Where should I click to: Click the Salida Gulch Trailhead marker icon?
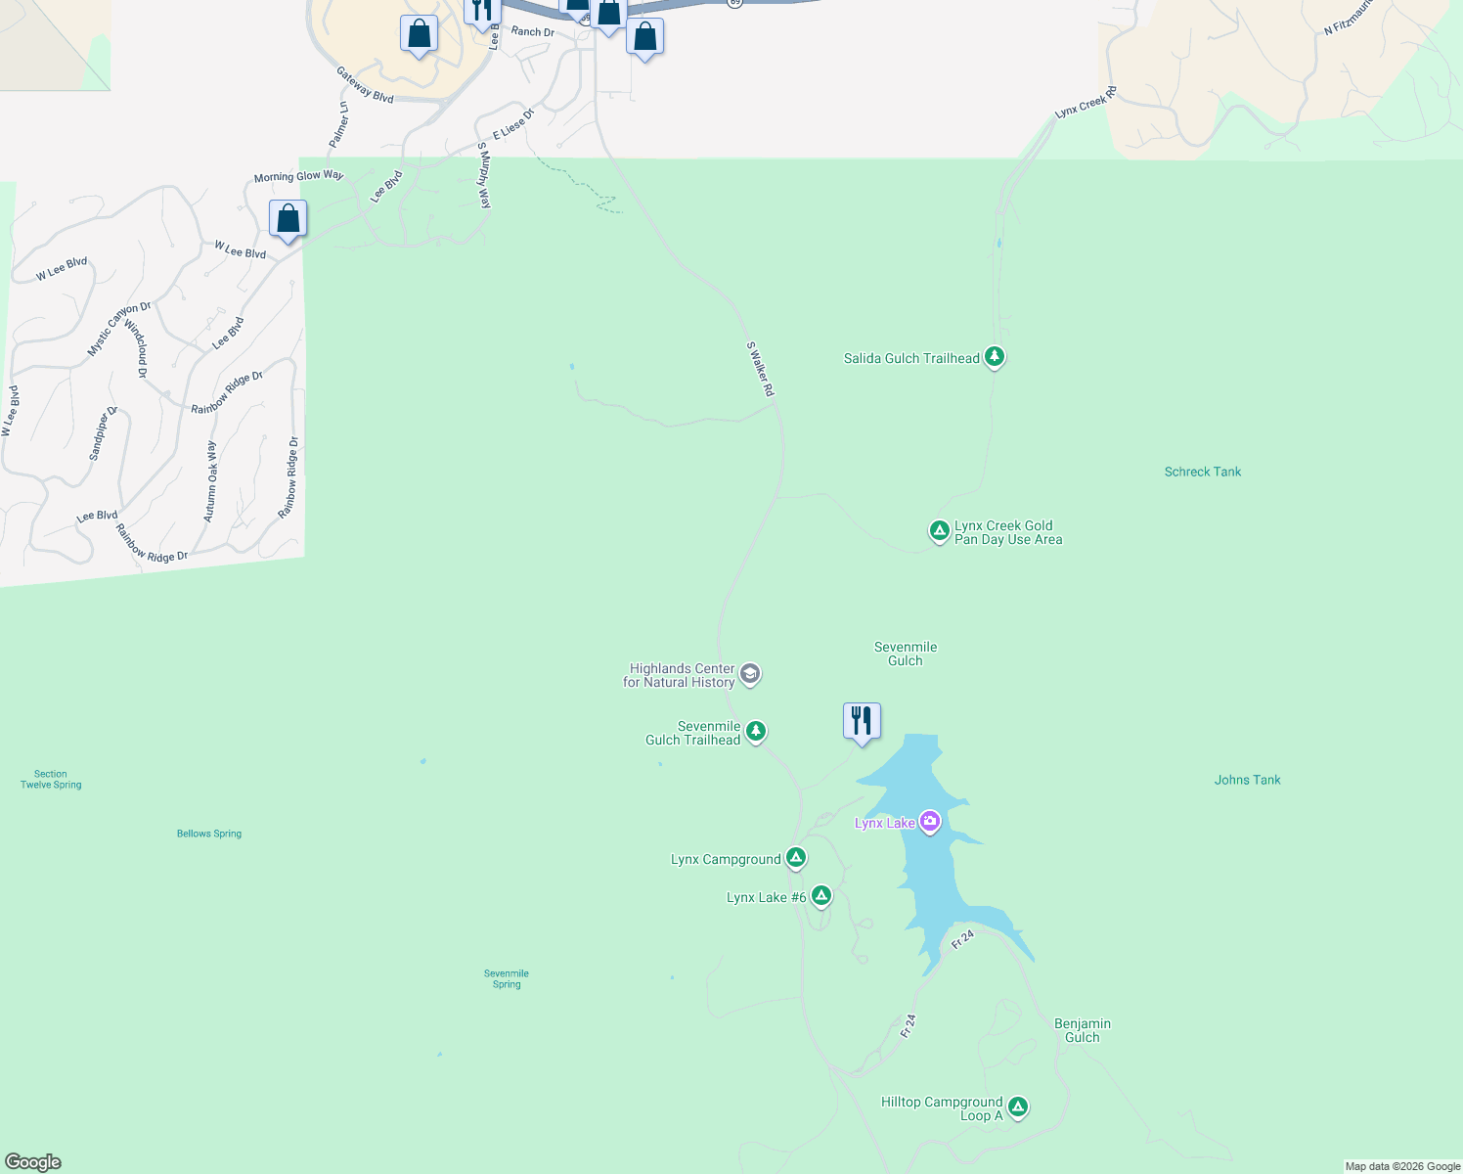click(994, 357)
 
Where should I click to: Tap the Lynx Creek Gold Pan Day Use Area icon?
click(939, 531)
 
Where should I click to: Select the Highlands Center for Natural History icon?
click(750, 674)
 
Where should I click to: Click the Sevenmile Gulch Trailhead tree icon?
click(755, 731)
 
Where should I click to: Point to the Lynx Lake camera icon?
click(930, 822)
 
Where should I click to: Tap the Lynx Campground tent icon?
click(795, 858)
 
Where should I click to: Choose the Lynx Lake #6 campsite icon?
click(820, 895)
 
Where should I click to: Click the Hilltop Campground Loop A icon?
click(1017, 1107)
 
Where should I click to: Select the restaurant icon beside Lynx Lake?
click(862, 721)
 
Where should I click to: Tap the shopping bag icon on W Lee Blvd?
click(288, 218)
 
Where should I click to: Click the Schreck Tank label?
click(1202, 472)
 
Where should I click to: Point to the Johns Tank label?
click(1247, 780)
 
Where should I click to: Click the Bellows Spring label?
click(209, 834)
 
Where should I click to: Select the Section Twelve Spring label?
click(51, 780)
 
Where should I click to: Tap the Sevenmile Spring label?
click(507, 978)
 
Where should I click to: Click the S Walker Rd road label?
click(760, 369)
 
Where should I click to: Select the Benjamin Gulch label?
click(1082, 1030)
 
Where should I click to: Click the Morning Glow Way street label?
click(298, 176)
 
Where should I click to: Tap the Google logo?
click(33, 1162)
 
